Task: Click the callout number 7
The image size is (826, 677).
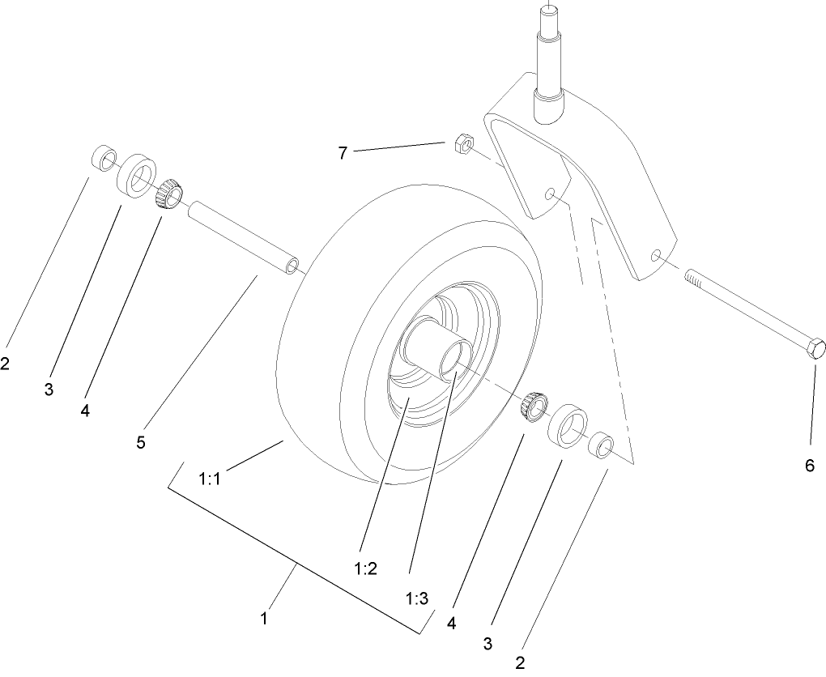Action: click(343, 152)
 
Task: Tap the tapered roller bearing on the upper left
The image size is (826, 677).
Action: click(168, 194)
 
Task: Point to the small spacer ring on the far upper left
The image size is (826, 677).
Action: click(104, 157)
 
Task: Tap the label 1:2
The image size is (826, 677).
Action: click(365, 568)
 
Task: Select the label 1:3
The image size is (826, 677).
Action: click(416, 599)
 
